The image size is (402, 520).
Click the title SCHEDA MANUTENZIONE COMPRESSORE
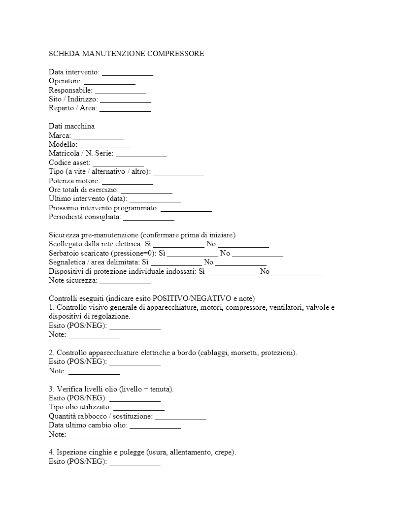pos(126,54)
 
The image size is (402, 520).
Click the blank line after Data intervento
pos(128,73)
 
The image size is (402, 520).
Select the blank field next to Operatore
pos(110,82)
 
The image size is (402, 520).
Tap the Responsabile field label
pos(70,91)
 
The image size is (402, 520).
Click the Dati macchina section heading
pos(71,127)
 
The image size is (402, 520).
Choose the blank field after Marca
pos(99,136)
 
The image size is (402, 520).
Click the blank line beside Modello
pos(105,145)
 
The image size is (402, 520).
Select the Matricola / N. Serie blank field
pos(141,154)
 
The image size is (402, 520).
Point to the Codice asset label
pos(69,163)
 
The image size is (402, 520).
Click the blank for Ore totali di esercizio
pos(147,191)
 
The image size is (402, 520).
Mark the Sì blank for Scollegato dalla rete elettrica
pos(178,245)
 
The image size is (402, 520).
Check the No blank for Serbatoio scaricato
pos(258,254)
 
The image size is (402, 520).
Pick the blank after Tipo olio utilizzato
pos(139,408)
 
